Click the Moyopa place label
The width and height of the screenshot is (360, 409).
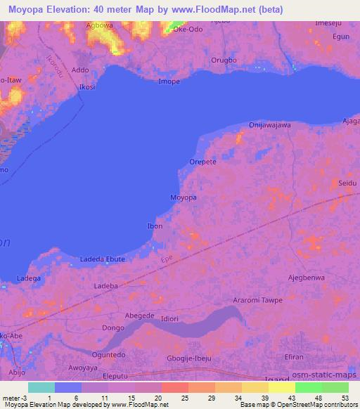tap(184, 198)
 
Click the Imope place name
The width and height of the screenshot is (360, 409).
tap(169, 82)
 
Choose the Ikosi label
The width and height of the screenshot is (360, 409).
tap(87, 87)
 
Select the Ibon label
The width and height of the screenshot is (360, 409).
tap(155, 226)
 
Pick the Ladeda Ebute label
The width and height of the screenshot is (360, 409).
tap(103, 259)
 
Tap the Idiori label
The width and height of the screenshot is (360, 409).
tap(171, 319)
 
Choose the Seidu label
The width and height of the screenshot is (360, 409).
tap(347, 183)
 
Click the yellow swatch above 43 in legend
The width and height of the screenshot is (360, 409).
tap(282, 387)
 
